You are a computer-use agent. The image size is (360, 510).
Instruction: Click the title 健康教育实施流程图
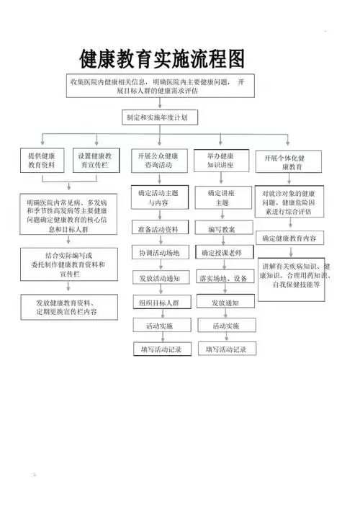tap(161, 59)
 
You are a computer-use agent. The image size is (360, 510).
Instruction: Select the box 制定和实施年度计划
tap(160, 117)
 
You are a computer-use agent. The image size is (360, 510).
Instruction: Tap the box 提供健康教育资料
tap(42, 161)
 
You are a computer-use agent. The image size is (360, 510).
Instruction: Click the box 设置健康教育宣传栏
tap(96, 161)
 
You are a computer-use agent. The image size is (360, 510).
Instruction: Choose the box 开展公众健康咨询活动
tap(159, 161)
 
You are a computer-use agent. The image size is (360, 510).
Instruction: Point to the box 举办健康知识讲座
tap(221, 161)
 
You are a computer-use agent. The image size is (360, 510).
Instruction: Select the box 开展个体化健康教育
tap(289, 161)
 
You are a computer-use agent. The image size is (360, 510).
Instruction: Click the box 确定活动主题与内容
tap(160, 197)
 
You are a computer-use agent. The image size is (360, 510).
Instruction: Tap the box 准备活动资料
tap(160, 228)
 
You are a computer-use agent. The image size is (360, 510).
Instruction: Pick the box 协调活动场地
tap(161, 252)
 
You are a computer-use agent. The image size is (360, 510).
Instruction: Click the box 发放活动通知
tap(161, 277)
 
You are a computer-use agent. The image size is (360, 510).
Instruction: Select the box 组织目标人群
tap(161, 302)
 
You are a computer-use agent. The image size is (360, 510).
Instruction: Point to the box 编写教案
tap(224, 228)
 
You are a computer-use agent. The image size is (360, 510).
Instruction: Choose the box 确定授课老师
tap(225, 252)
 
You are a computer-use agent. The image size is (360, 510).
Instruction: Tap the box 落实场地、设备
tap(225, 277)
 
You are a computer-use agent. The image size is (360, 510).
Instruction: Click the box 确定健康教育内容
tap(289, 238)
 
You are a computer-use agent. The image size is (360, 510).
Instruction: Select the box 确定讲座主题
tap(223, 198)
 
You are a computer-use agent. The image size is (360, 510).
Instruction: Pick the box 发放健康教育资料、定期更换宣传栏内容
tap(69, 308)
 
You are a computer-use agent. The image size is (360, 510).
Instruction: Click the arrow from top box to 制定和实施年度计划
tap(160, 104)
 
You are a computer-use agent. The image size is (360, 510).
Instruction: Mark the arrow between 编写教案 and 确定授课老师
tap(223, 240)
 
